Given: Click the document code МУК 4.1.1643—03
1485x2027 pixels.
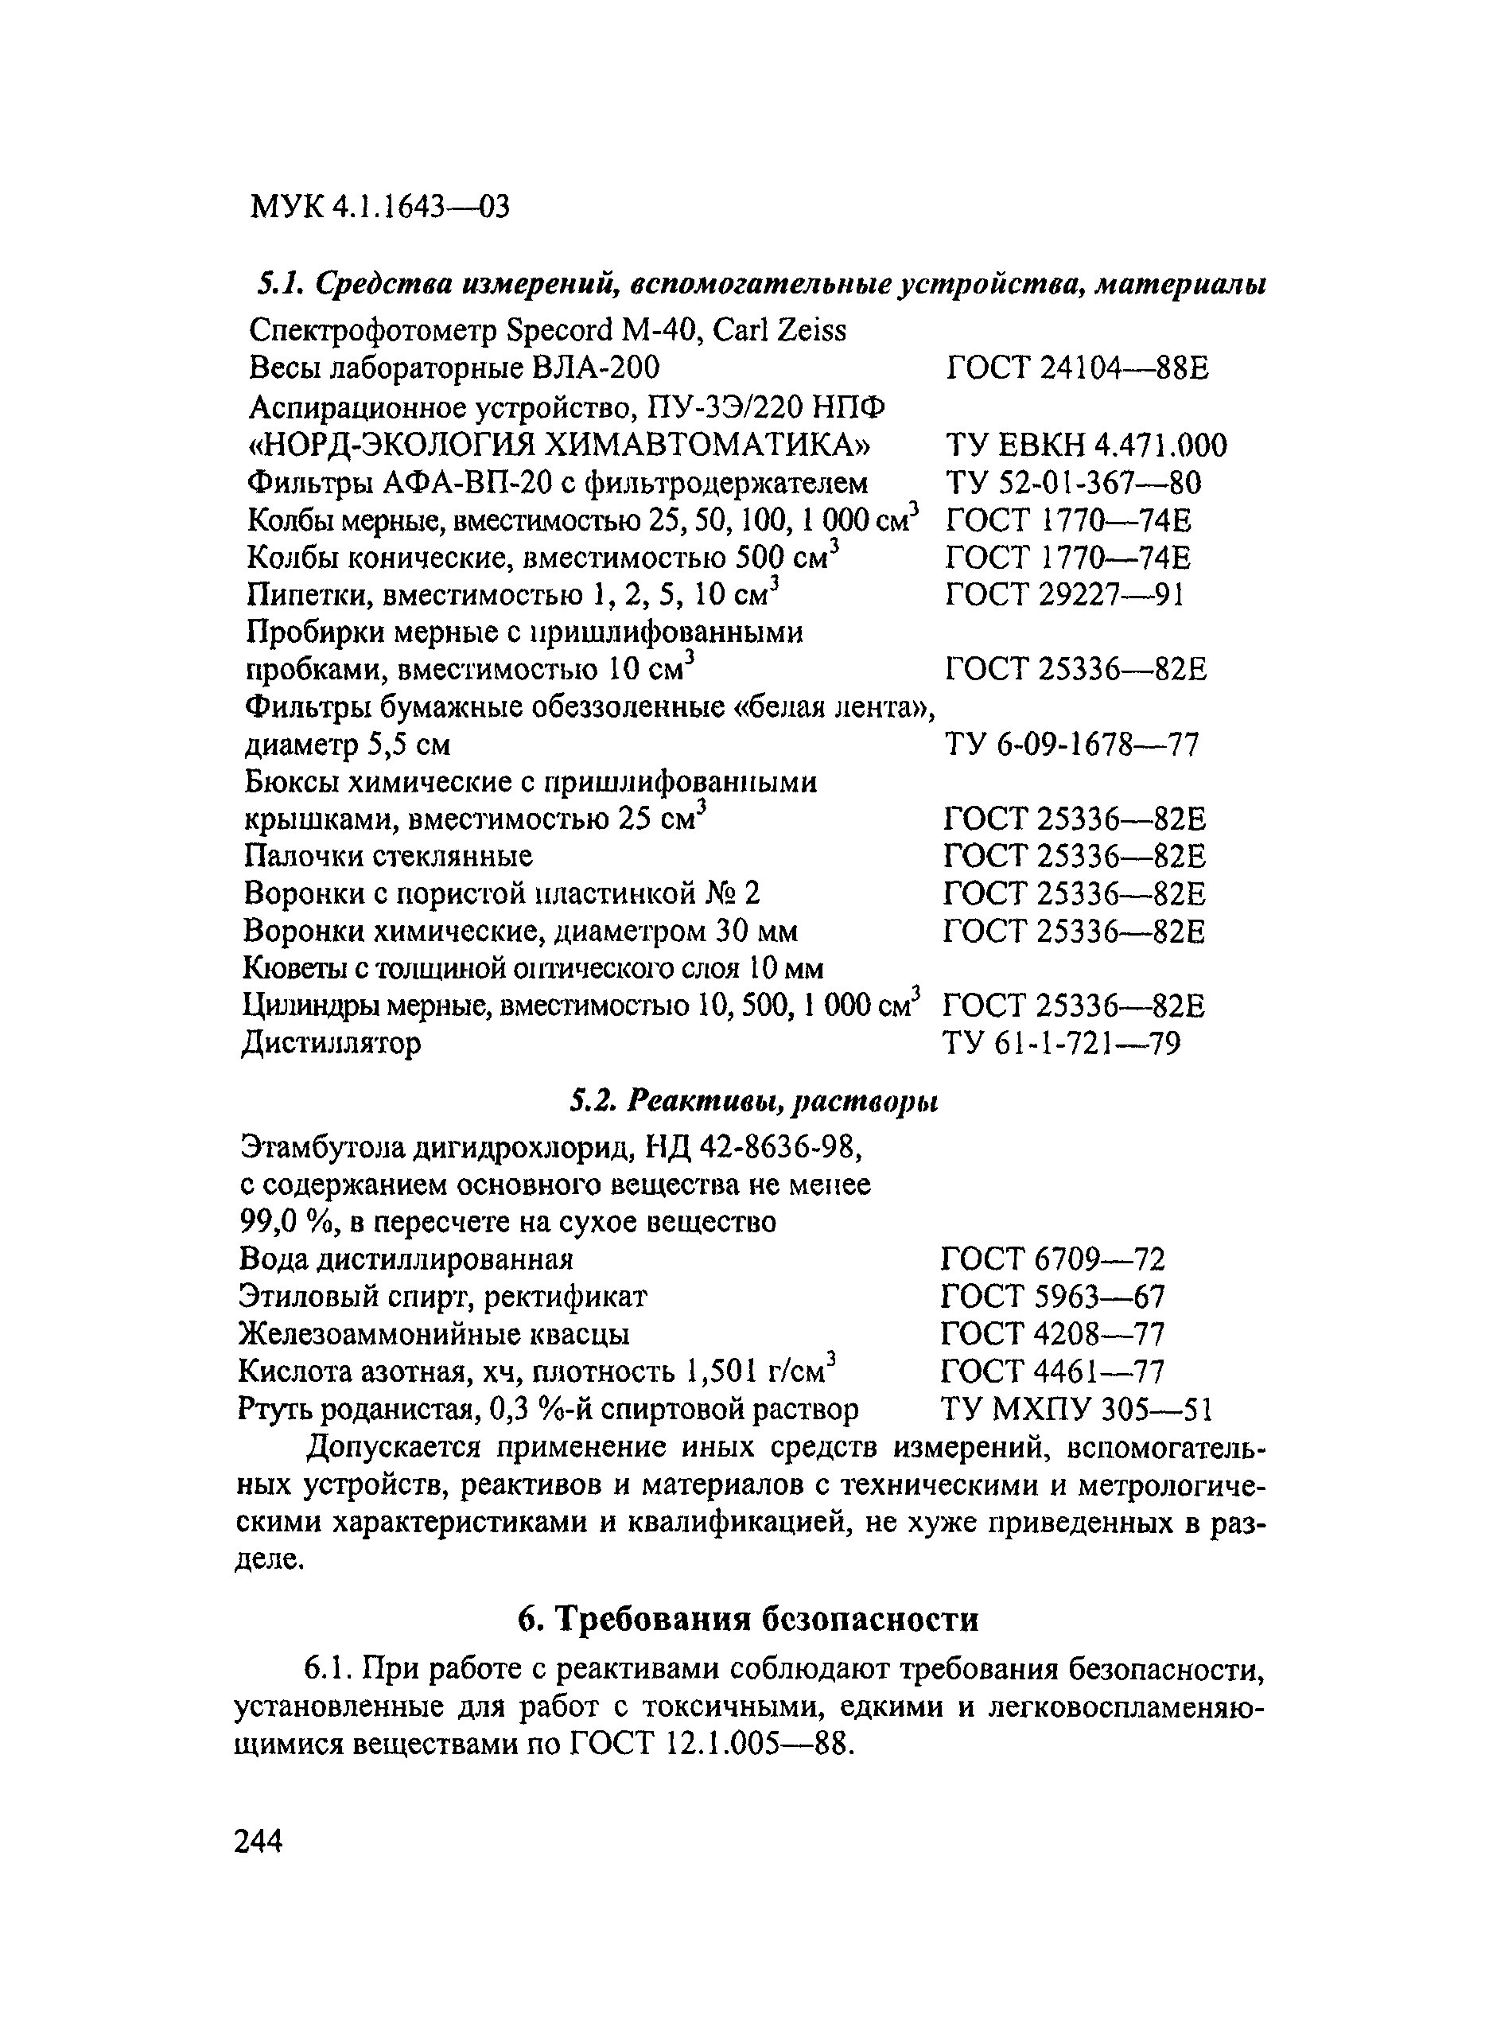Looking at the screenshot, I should (x=380, y=208).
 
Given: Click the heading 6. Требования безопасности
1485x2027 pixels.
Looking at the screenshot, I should (x=748, y=1619).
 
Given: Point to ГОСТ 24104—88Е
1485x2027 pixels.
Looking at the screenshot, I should (x=1078, y=368).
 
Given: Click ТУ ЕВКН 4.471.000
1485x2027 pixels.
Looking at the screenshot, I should (x=1086, y=445).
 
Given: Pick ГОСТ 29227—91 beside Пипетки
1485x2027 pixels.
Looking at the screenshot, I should (x=1065, y=595).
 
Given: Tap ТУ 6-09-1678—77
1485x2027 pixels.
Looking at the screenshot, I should (x=1071, y=745).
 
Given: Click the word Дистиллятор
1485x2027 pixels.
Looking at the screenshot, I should (x=332, y=1044).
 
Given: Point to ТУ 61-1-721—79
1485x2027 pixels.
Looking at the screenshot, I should (x=1062, y=1044).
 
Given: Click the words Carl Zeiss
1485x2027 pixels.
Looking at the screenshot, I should (x=779, y=331).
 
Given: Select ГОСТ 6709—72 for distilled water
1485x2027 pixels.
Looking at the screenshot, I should (x=1052, y=1259).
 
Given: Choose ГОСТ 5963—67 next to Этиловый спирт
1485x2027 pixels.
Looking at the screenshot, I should (x=1052, y=1296).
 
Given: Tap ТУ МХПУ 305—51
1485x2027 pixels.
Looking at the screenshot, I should (x=1077, y=1409).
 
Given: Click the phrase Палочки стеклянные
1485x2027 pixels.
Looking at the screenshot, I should (x=388, y=855).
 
